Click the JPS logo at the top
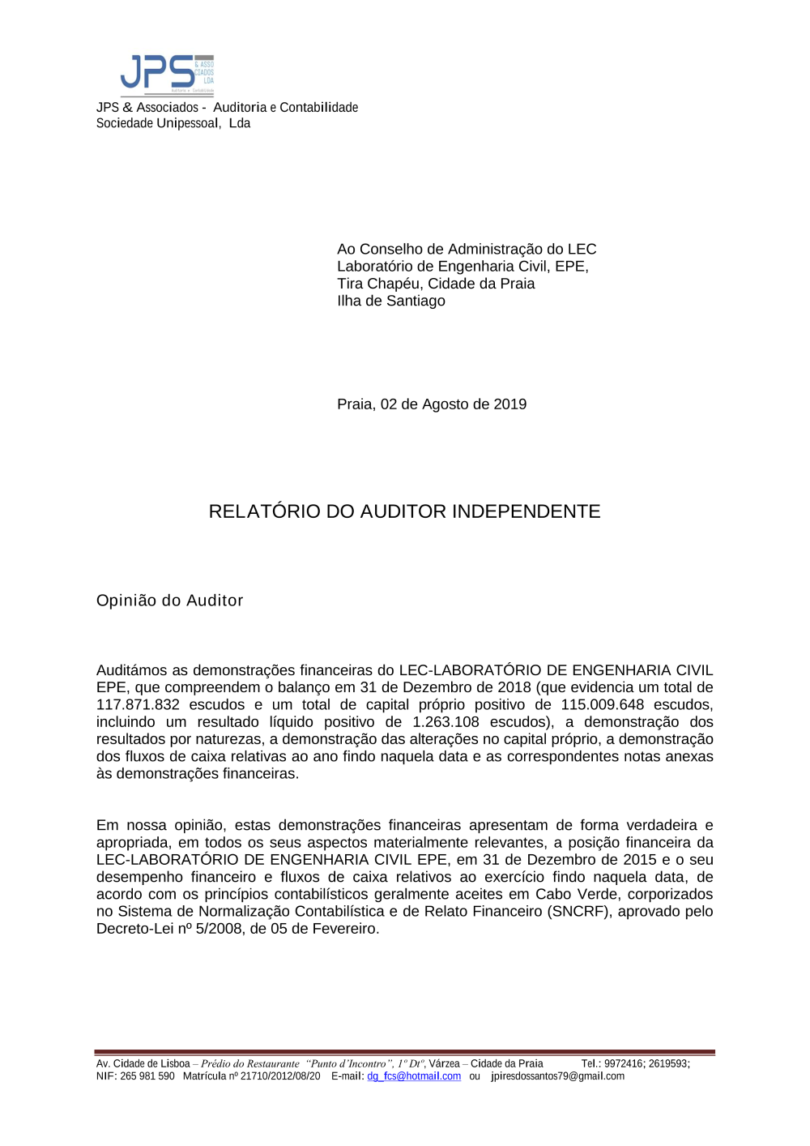167,75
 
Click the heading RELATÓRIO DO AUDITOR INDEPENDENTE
404,511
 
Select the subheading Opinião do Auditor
169,601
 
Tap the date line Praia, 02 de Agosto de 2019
432,404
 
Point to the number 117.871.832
138,705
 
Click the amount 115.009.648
602,705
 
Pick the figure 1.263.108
446,722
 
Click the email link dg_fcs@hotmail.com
414,1076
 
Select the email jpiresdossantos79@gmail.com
557,1076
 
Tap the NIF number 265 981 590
147,1076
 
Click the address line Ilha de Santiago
391,301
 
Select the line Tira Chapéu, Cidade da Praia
436,284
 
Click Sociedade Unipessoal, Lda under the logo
173,123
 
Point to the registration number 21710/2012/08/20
280,1076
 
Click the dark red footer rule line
404,1052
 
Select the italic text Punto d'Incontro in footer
349,1064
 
